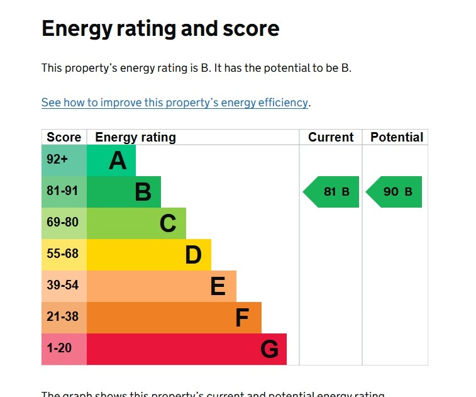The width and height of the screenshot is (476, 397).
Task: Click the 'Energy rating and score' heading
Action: point(160,29)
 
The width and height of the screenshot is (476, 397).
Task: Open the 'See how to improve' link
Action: point(175,103)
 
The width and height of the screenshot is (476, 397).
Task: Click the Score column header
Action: point(64,137)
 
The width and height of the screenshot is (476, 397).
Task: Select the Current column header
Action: point(331,137)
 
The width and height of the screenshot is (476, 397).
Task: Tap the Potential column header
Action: point(396,137)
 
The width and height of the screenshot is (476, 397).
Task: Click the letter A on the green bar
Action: point(118,161)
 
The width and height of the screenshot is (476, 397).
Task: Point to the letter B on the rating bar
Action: point(143,192)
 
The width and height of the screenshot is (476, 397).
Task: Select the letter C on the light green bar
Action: point(168,223)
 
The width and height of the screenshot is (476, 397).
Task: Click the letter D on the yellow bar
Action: point(193,255)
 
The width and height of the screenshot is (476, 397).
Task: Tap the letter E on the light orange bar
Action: point(218,286)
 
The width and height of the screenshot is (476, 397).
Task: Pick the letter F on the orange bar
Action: point(242,318)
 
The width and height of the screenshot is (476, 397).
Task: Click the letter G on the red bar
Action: point(269,349)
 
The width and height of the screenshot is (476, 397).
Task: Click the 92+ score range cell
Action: point(57,160)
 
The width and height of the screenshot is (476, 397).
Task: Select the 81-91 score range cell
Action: point(62,191)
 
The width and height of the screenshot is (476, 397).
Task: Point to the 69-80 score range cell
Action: point(62,222)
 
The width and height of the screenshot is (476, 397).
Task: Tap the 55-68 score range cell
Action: point(62,254)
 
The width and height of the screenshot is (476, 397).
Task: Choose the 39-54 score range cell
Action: point(62,285)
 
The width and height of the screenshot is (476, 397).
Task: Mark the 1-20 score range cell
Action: point(59,348)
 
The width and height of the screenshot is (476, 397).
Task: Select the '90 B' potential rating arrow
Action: point(395,192)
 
